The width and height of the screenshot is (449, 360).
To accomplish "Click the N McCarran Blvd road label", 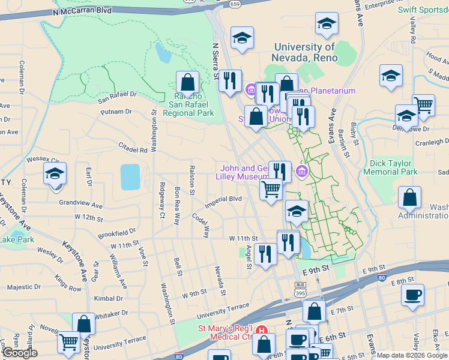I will (82, 11).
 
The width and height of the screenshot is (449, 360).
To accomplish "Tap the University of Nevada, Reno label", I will (305, 53).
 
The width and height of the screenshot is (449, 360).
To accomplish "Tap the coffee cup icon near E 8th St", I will (412, 295).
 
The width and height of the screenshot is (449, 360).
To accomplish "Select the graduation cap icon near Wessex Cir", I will (55, 174).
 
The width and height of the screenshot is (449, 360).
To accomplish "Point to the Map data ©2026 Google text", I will (411, 355).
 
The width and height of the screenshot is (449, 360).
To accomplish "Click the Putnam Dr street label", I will (116, 112).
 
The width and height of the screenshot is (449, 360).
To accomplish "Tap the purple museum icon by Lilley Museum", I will (301, 173).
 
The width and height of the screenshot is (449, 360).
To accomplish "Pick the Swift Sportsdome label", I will (423, 10).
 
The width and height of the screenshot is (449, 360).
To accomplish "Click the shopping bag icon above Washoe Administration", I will (409, 197).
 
